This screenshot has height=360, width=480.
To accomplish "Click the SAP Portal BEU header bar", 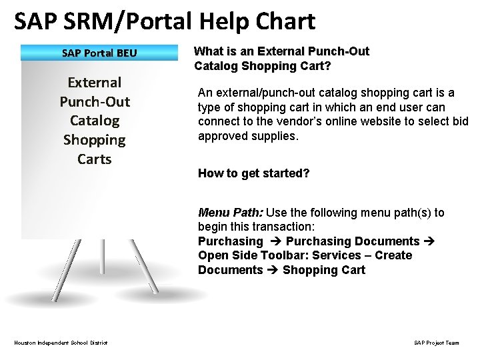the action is pos(99,53).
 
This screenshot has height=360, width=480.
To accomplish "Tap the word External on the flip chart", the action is pos(95,83).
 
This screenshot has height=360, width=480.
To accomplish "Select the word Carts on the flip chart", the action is pos(94,159).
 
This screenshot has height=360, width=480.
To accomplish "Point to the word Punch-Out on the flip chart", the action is pos(95,102).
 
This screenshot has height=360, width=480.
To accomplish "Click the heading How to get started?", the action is pos(253,173).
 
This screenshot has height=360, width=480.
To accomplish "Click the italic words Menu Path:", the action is pos(231,213).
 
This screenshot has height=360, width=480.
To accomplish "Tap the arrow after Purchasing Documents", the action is pos(429,241).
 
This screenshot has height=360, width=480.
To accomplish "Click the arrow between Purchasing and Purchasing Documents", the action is pos(274,241).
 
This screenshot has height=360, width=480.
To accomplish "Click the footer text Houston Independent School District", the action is pos(61,343).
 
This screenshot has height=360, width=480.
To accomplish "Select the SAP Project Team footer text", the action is pos(436,343).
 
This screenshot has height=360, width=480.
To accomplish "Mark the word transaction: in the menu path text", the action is pos(254,227).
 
